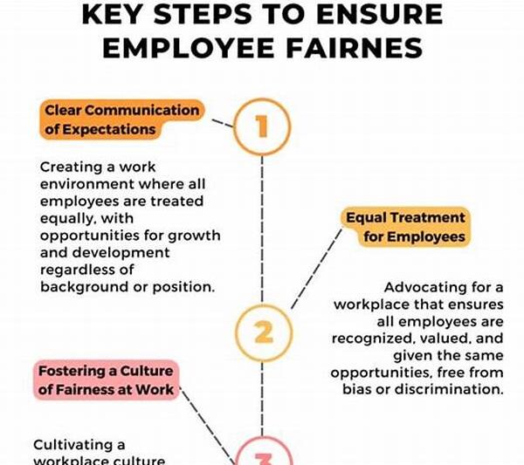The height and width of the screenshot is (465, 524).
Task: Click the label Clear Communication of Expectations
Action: coord(121,120)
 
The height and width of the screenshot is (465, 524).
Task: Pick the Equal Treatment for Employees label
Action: coord(404,227)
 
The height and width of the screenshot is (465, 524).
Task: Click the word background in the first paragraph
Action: coord(83,285)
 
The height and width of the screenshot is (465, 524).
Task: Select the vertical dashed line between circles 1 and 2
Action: coord(262,227)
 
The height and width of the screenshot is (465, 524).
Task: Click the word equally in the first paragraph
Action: coord(67,218)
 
